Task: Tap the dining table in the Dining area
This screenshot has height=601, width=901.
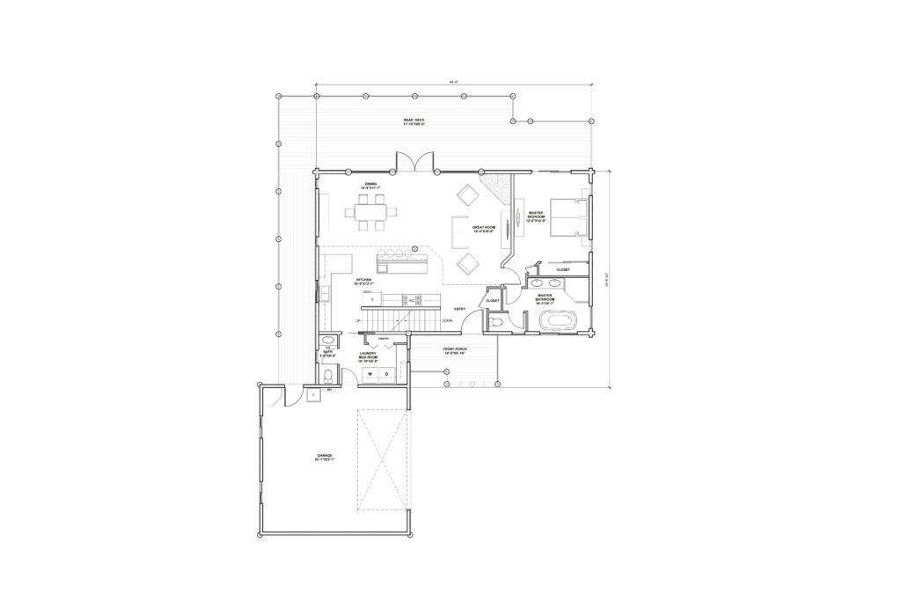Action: click(x=372, y=211)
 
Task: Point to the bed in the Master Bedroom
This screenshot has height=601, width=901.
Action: click(x=568, y=216)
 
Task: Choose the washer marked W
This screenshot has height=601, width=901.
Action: click(x=370, y=374)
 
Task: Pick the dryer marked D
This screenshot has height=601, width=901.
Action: click(x=386, y=374)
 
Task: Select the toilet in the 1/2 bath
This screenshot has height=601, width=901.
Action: click(x=329, y=377)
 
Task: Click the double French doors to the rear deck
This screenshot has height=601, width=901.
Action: click(x=414, y=163)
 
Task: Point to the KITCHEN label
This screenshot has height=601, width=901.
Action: click(x=340, y=282)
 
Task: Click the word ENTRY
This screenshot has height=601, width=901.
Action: click(x=459, y=309)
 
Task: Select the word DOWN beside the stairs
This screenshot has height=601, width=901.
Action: click(x=446, y=321)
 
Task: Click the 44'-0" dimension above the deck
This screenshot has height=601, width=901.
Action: click(x=454, y=82)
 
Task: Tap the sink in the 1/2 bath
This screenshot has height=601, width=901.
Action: click(x=328, y=340)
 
